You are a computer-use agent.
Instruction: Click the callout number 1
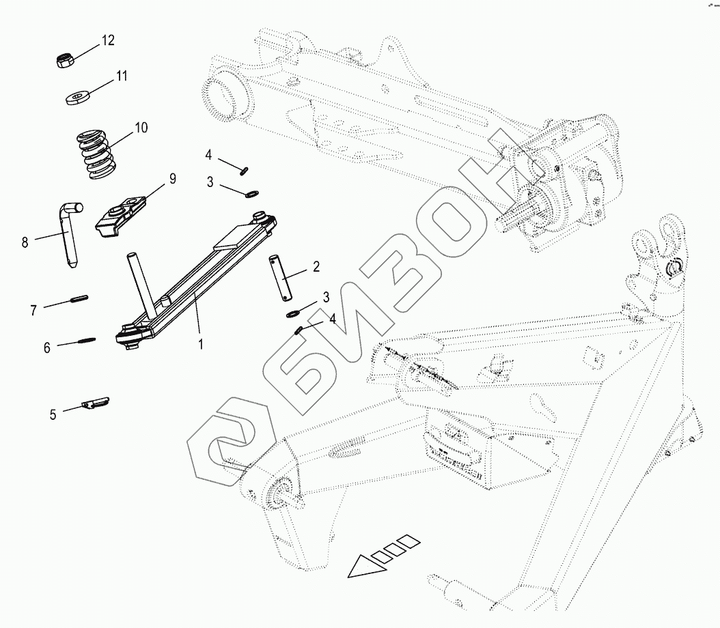201,345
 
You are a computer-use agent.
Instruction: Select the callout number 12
108,41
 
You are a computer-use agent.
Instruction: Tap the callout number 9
173,179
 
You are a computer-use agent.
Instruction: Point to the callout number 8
25,242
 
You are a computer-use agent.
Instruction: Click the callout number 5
53,413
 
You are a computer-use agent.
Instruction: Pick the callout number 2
316,267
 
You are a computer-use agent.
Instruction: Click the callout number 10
141,128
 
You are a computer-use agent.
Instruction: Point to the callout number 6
47,347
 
